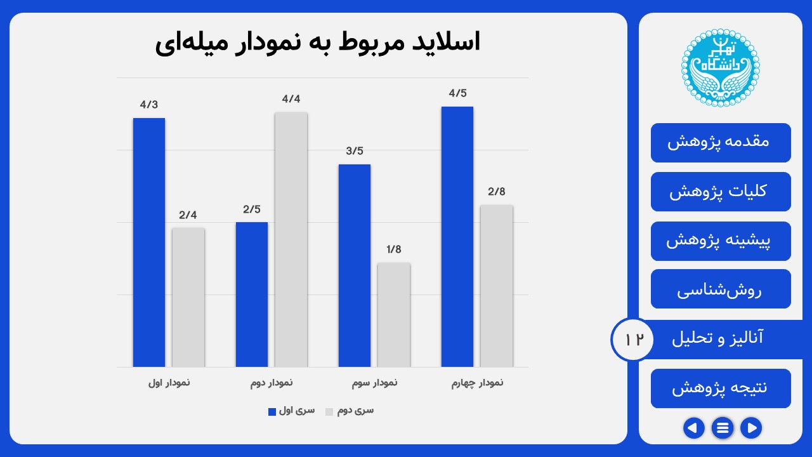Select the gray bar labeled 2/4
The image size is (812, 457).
(188, 297)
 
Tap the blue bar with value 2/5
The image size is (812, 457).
(251, 295)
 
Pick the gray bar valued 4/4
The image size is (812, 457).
(291, 239)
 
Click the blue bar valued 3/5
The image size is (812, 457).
(354, 265)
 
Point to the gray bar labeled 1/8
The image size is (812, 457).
(393, 315)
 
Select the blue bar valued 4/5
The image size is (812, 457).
(457, 237)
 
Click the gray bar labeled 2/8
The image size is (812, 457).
(496, 286)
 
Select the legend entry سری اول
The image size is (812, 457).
(291, 411)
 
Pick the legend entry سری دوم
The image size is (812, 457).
(350, 411)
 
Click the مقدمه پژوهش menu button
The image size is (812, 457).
(721, 142)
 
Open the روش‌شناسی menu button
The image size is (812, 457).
(721, 289)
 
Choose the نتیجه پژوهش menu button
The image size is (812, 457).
(721, 388)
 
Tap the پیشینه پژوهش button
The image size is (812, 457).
(721, 241)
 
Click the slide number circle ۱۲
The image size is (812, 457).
(632, 339)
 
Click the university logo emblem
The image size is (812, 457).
(720, 68)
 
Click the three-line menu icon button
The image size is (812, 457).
(722, 428)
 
